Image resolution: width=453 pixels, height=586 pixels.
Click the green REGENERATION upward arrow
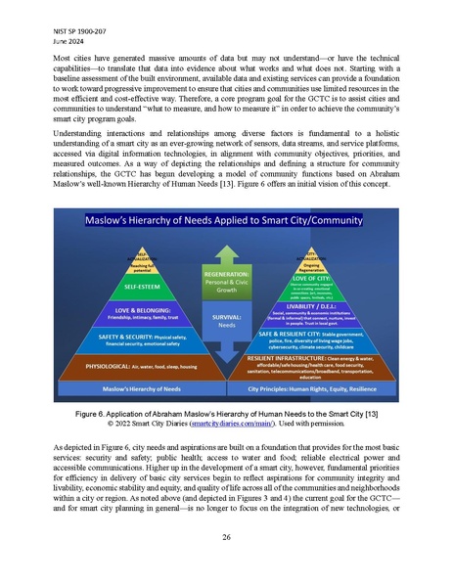click(x=226, y=287)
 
